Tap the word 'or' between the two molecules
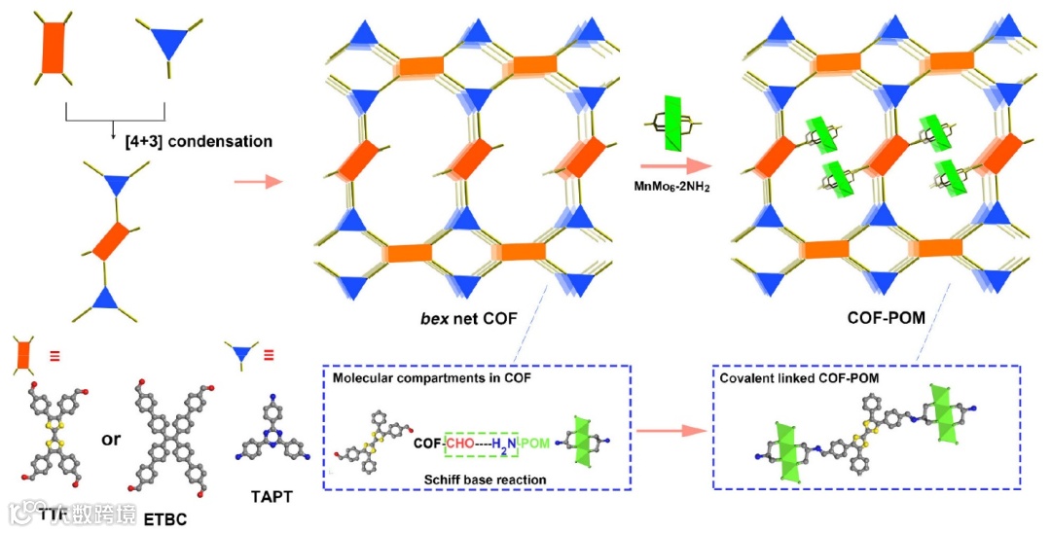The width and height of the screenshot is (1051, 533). pyautogui.click(x=112, y=439)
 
